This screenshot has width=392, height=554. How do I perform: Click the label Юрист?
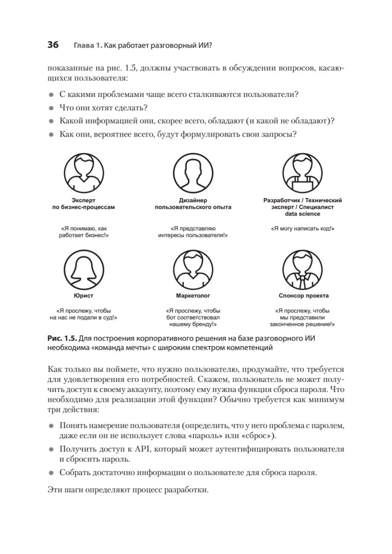(x=84, y=295)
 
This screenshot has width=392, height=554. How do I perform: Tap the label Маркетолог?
(x=193, y=295)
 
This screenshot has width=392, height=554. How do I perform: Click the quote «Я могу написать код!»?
(x=302, y=229)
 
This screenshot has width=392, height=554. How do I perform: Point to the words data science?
(x=302, y=214)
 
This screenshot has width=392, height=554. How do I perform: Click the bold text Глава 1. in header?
(x=87, y=46)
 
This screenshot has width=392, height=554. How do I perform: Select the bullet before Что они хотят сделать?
(x=51, y=108)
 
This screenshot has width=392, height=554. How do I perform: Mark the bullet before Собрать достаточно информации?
(x=51, y=473)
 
